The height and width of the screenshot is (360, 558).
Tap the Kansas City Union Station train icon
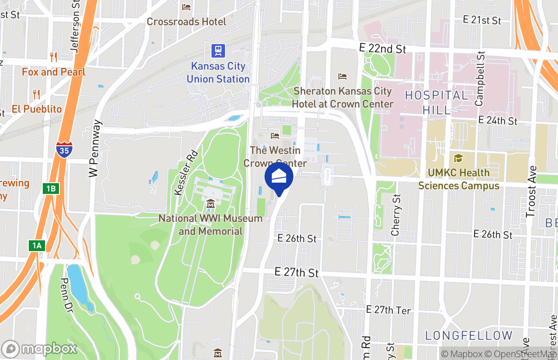(218, 50)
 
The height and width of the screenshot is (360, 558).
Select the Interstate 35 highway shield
(64, 150)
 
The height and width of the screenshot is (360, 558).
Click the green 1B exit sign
(51, 189)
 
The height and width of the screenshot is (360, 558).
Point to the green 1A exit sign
(37, 246)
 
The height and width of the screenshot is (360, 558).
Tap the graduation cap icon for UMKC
(458, 158)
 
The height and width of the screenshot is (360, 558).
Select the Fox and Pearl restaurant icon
(54, 57)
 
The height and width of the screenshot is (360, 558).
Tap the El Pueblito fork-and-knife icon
(36, 94)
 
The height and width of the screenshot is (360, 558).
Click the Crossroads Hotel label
(186, 22)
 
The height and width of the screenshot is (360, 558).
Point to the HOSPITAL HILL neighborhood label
(436, 102)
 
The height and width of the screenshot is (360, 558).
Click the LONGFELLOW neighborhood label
(469, 335)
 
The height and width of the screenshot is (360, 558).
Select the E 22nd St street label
(382, 48)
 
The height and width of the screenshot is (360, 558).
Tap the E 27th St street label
(297, 273)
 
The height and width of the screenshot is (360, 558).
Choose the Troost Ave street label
(532, 191)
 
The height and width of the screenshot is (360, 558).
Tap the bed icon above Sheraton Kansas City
(342, 76)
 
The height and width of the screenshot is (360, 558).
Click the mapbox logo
(40, 349)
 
